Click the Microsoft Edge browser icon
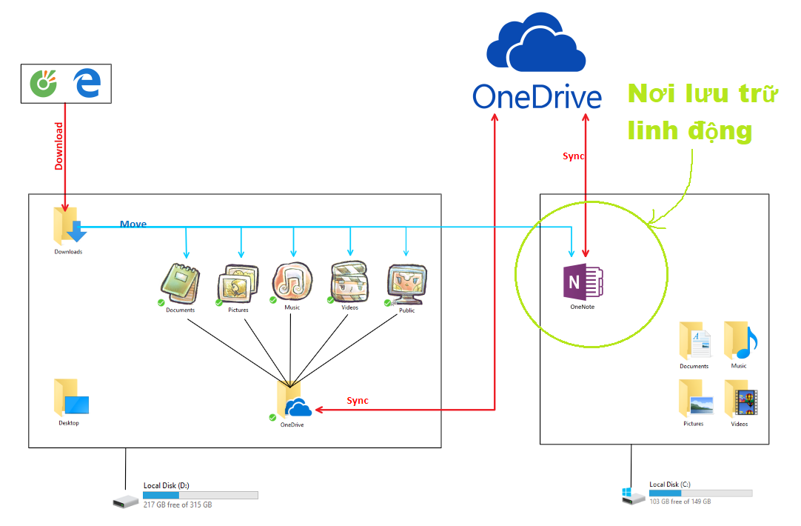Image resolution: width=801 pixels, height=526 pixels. tap(87, 83)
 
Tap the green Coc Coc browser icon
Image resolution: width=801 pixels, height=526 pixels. tap(44, 83)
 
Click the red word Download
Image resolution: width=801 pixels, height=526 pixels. tap(58, 146)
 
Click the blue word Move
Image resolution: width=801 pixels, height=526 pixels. tap(133, 224)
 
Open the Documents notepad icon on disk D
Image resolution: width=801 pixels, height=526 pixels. tap(180, 283)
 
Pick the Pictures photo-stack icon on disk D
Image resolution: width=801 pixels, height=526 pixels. tap(238, 283)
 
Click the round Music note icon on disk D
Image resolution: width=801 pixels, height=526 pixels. tap(292, 281)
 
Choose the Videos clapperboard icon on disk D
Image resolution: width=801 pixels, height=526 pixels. tap(349, 281)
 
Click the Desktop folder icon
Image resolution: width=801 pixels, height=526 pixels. tap(71, 397)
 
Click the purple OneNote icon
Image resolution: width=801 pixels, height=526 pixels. tap(583, 282)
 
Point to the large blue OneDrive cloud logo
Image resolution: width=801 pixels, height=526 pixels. tap(536, 43)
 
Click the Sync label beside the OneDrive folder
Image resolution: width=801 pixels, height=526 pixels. tap(358, 400)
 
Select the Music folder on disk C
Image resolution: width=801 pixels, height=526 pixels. tap(740, 341)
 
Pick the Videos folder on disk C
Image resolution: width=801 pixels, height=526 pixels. tap(740, 399)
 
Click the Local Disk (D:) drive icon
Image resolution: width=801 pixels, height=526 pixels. tap(126, 501)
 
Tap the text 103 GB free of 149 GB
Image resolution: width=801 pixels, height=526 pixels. tap(680, 502)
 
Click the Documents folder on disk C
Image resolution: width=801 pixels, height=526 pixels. tap(694, 341)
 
